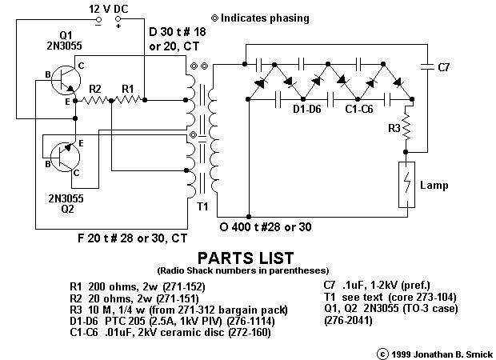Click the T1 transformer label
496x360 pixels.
point(202,206)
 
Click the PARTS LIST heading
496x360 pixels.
point(245,258)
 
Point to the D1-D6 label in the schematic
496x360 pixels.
point(307,110)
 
